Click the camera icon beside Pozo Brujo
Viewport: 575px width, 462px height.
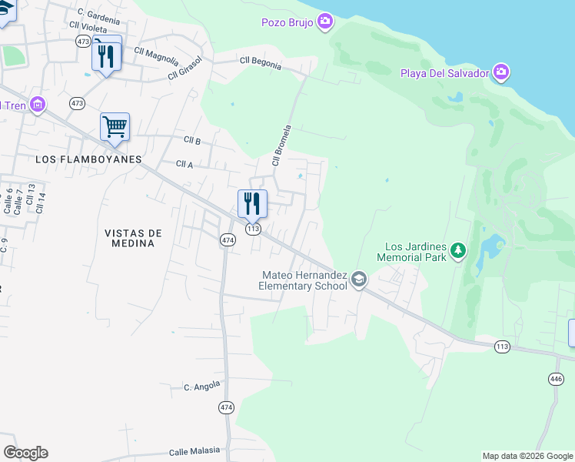tap(325, 22)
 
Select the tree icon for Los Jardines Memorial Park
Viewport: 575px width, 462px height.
tap(458, 250)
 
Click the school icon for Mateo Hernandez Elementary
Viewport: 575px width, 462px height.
tap(358, 280)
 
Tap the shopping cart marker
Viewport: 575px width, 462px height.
tap(115, 126)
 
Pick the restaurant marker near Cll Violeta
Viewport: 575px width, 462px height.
tap(106, 55)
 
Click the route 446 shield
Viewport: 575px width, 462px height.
tap(555, 378)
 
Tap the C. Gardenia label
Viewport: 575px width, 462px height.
tap(98, 16)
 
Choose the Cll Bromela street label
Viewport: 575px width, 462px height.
tap(281, 146)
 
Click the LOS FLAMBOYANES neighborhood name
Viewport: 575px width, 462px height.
tap(89, 159)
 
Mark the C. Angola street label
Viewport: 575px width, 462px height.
tap(202, 385)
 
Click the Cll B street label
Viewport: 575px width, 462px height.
tap(192, 140)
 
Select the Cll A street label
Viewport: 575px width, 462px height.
tap(184, 163)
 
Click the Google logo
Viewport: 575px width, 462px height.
tap(25, 453)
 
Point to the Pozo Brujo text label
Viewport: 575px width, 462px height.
tap(287, 22)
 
